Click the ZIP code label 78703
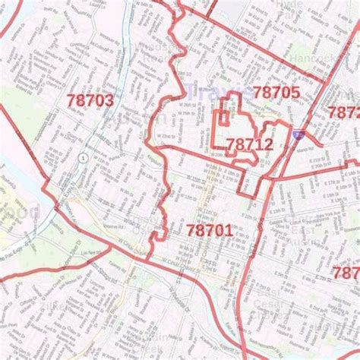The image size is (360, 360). pyautogui.click(x=90, y=100)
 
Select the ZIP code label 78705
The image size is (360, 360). pyautogui.click(x=276, y=93)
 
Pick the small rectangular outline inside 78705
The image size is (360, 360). pyautogui.click(x=223, y=119)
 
